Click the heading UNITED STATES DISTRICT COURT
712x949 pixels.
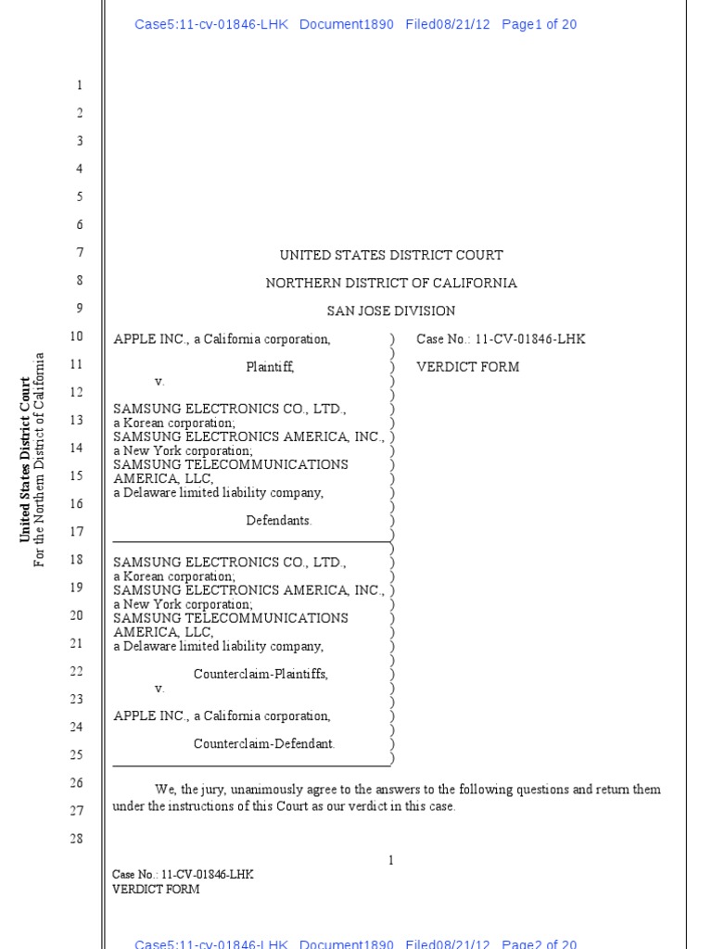(x=391, y=255)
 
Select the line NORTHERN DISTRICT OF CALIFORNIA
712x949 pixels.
(x=391, y=283)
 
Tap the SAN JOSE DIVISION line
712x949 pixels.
(x=391, y=310)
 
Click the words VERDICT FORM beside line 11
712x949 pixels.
(x=467, y=367)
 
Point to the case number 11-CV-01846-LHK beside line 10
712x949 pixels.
(x=529, y=339)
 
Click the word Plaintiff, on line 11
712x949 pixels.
(x=270, y=367)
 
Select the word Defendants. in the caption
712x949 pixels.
(x=279, y=521)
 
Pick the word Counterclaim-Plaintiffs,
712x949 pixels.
(x=261, y=674)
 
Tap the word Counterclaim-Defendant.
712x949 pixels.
(x=264, y=743)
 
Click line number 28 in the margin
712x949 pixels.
(x=76, y=839)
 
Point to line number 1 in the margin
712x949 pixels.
(x=80, y=85)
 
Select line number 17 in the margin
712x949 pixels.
(x=76, y=532)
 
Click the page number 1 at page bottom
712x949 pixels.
(x=391, y=860)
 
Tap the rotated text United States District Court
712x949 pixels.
(x=26, y=459)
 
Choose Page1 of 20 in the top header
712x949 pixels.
(x=539, y=24)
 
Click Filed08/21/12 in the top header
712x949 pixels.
(x=447, y=24)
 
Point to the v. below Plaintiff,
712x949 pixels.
(x=159, y=381)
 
